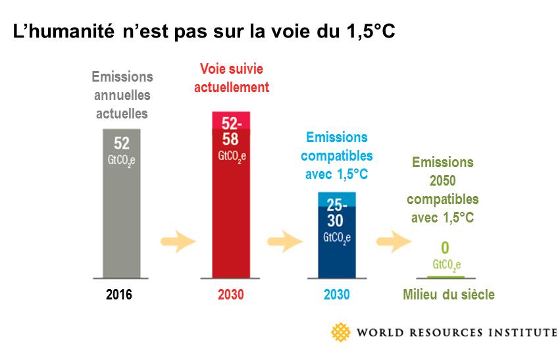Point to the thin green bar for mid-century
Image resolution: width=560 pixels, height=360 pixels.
click(445, 276)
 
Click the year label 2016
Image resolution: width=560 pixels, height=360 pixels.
click(119, 295)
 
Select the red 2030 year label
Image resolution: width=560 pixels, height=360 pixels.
click(230, 295)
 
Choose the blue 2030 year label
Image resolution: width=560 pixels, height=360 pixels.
click(336, 295)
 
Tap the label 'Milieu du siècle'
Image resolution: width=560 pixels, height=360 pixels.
click(448, 295)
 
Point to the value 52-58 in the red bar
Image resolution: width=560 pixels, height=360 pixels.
click(230, 132)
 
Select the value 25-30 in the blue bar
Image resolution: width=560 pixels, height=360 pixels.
click(336, 213)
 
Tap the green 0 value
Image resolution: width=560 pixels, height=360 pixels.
click(445, 248)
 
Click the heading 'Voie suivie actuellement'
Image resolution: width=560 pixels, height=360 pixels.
click(234, 78)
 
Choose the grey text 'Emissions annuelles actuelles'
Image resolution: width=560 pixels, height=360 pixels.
click(122, 95)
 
